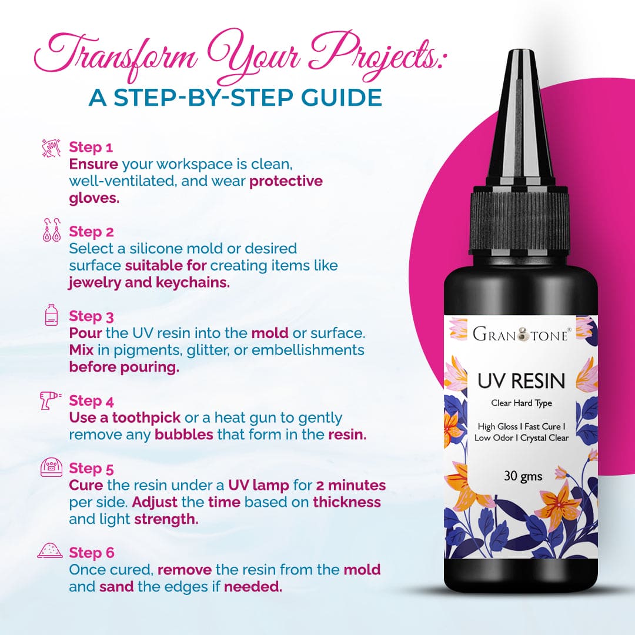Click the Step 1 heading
pos(91,146)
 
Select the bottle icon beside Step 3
pos(52,315)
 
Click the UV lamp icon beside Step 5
pos(52,468)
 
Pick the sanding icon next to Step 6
pos(51,552)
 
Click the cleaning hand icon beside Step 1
pos(52,146)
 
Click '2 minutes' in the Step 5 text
pos(350,486)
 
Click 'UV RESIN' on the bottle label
pos(520,380)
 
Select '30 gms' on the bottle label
pos(523,476)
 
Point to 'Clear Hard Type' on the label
pos(520,403)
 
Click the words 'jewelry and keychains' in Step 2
pos(149,282)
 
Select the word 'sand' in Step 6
pos(115,587)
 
